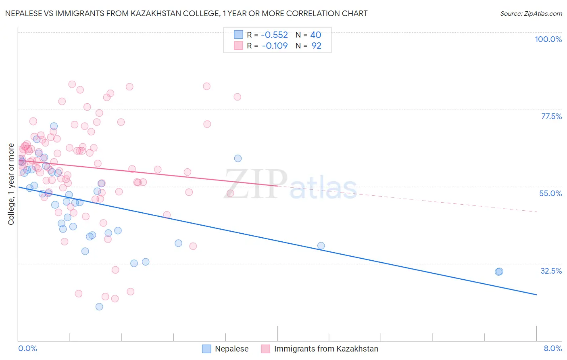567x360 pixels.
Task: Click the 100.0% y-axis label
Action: pos(548,39)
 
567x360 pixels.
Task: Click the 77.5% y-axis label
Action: pos(551,116)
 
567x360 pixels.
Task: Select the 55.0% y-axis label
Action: pos(550,193)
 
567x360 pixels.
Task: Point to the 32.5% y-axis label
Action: pos(551,271)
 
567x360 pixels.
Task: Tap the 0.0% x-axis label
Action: pos(27,348)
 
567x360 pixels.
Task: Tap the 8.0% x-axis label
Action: pos(552,348)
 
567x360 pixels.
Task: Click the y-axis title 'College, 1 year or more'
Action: pos(11,184)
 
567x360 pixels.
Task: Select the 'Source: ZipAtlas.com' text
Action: pos(531,13)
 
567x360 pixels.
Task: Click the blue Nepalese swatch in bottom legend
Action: pos(206,349)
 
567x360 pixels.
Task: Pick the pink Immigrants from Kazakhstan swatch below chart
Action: pos(265,349)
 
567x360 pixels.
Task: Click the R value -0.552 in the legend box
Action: pos(275,35)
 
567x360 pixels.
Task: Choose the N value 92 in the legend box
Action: pos(316,46)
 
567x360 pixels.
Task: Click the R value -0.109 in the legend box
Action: pos(275,46)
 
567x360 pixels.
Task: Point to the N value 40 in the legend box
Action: pos(315,35)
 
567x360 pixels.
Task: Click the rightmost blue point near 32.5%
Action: pos(499,272)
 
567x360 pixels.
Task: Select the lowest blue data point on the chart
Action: pos(99,307)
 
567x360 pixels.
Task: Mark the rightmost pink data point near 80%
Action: pos(238,97)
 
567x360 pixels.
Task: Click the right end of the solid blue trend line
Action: pos(536,295)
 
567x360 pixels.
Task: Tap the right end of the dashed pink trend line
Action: pos(537,211)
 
